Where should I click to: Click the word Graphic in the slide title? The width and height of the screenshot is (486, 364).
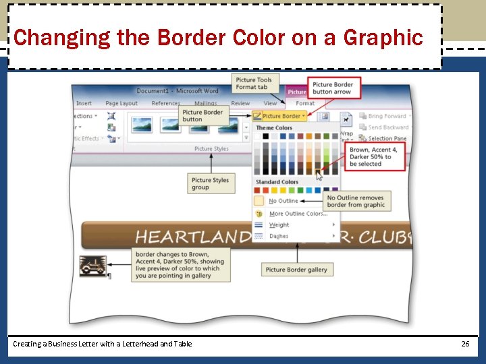(385, 38)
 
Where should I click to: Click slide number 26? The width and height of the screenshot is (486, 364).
(465, 344)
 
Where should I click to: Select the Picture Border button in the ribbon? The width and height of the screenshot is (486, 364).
(278, 116)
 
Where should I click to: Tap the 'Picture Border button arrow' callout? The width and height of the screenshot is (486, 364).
(333, 88)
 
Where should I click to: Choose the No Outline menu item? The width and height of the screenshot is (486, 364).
(283, 201)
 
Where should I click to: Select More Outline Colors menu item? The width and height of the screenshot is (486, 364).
(298, 214)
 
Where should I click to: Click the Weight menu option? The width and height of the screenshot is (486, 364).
(279, 225)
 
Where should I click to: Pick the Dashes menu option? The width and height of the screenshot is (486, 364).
(279, 237)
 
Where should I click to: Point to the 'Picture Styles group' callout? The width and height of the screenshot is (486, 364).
(210, 183)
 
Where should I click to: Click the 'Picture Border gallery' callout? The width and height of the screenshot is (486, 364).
(296, 270)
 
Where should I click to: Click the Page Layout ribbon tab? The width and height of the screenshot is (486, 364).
(122, 104)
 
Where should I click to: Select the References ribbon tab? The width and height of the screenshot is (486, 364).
(166, 104)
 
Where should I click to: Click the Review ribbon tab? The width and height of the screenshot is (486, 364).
(240, 104)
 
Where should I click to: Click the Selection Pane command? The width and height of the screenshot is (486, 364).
(387, 138)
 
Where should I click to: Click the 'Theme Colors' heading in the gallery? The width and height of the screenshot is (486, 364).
(274, 127)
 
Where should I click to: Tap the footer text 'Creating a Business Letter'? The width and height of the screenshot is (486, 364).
(102, 344)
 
